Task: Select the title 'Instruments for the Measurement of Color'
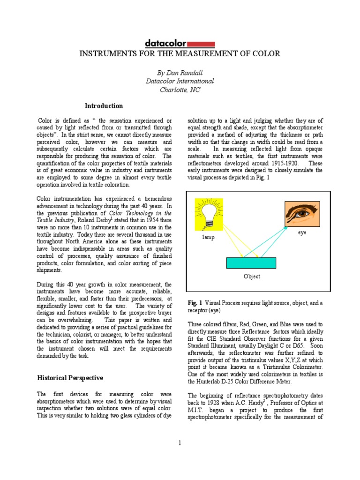(x=180, y=53)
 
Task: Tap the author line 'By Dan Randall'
(x=180, y=72)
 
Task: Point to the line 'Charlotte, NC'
(x=180, y=90)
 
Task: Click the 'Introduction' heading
(x=104, y=106)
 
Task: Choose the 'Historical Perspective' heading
(x=70, y=378)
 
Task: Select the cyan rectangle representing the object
(x=251, y=262)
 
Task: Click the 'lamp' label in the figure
(x=209, y=237)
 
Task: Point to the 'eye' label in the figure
(x=302, y=232)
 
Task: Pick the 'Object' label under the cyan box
(x=252, y=277)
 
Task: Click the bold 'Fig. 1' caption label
(x=195, y=303)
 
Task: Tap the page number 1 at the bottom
(x=180, y=442)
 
